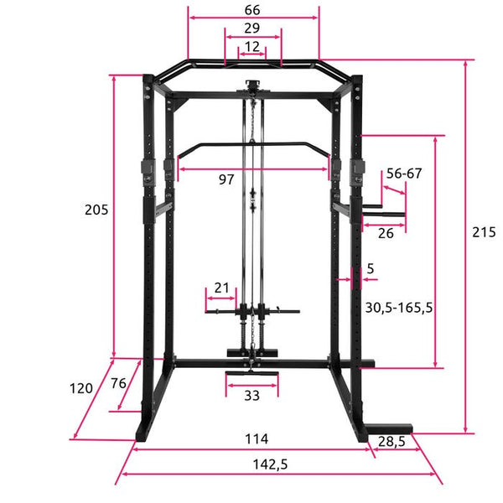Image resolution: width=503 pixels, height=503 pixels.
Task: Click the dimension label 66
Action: pyautogui.click(x=252, y=10)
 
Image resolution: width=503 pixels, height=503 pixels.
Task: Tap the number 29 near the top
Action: pyautogui.click(x=251, y=29)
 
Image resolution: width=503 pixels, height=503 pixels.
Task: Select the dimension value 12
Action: pyautogui.click(x=251, y=47)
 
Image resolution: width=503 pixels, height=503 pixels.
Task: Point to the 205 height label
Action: pyautogui.click(x=96, y=210)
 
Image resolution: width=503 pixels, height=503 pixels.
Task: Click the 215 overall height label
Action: pyautogui.click(x=484, y=232)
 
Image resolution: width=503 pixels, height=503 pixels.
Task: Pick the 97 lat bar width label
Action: pyautogui.click(x=226, y=179)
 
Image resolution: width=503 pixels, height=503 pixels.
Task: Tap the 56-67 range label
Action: pyautogui.click(x=404, y=174)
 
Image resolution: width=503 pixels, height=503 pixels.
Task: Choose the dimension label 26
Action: pyautogui.click(x=386, y=234)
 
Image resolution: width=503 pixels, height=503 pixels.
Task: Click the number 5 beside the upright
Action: pyautogui.click(x=371, y=268)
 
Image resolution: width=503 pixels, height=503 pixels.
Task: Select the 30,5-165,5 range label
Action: pyautogui.click(x=399, y=308)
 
